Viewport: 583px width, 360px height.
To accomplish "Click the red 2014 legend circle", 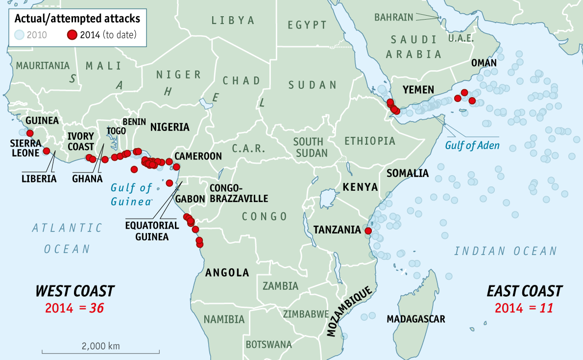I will click(x=73, y=35).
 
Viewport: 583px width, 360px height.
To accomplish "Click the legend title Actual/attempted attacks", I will click(x=77, y=19).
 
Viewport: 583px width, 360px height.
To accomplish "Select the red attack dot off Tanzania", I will click(x=368, y=230).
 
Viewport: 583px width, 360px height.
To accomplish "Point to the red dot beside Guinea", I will click(x=30, y=133).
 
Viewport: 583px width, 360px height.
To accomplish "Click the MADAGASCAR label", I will click(x=415, y=319).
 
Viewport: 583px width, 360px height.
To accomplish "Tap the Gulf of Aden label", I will click(x=472, y=145).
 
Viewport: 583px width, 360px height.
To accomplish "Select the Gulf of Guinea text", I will click(x=131, y=194).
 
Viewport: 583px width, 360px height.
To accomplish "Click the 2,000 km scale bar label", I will click(x=100, y=345).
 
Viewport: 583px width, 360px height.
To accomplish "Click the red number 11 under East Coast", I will click(x=544, y=308).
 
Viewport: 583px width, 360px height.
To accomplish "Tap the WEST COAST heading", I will click(x=74, y=291).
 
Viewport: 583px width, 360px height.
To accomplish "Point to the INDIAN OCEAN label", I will click(x=506, y=251).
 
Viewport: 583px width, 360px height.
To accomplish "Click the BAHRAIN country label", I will click(x=393, y=17).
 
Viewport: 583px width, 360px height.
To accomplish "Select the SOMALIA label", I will click(x=407, y=173).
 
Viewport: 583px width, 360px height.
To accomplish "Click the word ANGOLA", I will click(x=227, y=273).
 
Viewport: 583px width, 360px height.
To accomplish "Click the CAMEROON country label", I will click(x=198, y=156).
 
